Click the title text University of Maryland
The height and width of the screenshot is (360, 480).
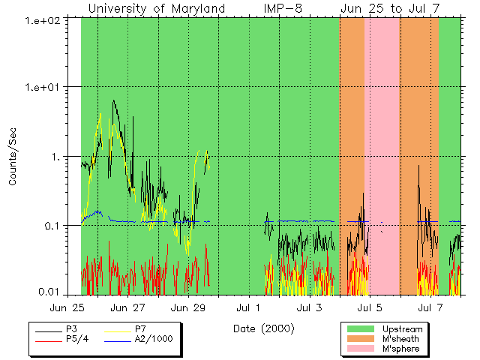pyautogui.click(x=157, y=9)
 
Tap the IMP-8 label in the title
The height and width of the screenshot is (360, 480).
pyautogui.click(x=283, y=9)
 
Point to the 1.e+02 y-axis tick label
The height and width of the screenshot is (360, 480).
pyautogui.click(x=50, y=18)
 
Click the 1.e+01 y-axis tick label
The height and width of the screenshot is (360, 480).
pyautogui.click(x=50, y=88)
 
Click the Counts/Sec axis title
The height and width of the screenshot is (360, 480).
pyautogui.click(x=13, y=157)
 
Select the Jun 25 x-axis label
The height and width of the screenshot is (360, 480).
pyautogui.click(x=67, y=307)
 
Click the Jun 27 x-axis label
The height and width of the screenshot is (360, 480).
pyautogui.click(x=127, y=307)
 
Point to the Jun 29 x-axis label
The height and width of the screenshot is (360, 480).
pyautogui.click(x=188, y=307)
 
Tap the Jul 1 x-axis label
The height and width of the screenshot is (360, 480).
pyautogui.click(x=248, y=307)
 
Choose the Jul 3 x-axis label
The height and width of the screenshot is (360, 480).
pyautogui.click(x=309, y=307)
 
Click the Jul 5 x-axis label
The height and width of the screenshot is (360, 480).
pyautogui.click(x=369, y=307)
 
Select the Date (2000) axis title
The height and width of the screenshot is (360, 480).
pyautogui.click(x=264, y=328)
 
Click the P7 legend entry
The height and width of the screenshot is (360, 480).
pyautogui.click(x=141, y=329)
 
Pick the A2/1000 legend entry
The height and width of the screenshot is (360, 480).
pyautogui.click(x=154, y=339)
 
